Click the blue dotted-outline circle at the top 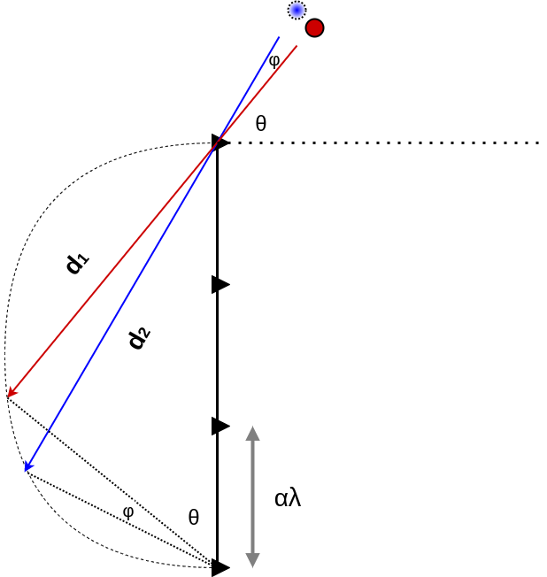297,10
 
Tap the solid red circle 314,28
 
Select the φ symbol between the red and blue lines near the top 274,62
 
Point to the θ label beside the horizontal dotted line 260,125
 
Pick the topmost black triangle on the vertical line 220,142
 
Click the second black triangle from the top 220,284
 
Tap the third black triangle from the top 220,426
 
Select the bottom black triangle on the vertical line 220,567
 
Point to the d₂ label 139,338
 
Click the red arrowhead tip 9,396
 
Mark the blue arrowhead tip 27,471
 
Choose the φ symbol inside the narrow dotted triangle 128,512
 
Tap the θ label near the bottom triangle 193,518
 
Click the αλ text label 288,498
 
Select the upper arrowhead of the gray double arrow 252,434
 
